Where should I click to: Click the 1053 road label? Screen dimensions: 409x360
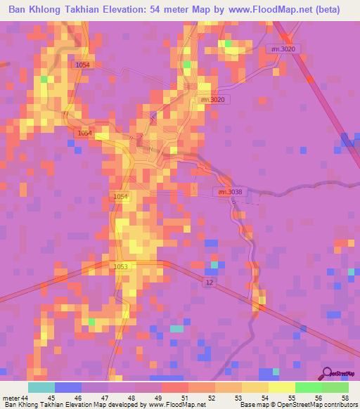120,267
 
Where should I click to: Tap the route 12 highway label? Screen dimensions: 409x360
209,282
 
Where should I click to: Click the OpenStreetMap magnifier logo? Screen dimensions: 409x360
328,373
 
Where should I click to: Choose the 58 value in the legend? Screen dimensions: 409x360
345,398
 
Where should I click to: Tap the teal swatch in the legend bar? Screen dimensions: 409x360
41,387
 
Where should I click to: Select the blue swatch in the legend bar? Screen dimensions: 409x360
68,387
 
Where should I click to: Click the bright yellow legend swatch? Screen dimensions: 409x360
281,387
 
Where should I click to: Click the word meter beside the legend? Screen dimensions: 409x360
13,398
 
